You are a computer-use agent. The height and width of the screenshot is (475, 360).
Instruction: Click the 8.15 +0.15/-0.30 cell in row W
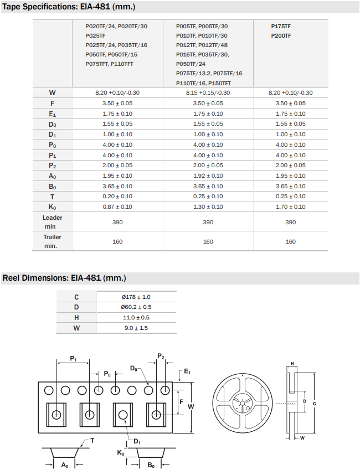click(x=208, y=92)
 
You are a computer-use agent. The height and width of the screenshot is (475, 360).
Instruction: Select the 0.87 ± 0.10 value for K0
click(x=117, y=206)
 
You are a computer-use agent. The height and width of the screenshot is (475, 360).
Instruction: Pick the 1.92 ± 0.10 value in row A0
click(x=208, y=175)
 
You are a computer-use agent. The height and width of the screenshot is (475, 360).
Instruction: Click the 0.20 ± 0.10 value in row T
click(x=117, y=197)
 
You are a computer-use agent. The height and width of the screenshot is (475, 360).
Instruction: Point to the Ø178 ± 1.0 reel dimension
click(x=136, y=297)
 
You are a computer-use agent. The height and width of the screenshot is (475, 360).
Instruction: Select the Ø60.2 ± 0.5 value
click(x=136, y=307)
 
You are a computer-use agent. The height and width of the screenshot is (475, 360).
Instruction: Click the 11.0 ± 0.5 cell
click(x=136, y=318)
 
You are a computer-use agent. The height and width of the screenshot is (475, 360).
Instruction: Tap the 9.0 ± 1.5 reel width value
click(x=136, y=328)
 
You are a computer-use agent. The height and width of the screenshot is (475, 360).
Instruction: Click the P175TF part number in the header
click(x=281, y=26)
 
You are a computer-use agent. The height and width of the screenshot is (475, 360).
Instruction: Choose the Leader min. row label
click(x=52, y=222)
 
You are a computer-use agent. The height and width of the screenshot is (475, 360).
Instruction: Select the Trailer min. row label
click(x=52, y=241)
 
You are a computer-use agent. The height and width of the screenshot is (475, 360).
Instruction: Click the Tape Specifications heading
click(x=69, y=7)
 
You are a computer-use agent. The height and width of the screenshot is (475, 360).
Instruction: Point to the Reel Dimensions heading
click(x=64, y=278)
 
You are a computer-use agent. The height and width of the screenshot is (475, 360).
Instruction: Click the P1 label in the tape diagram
click(x=74, y=359)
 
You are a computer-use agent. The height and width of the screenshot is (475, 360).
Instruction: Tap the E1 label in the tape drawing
click(x=187, y=373)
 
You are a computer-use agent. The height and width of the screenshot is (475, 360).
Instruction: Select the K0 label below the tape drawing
click(x=120, y=453)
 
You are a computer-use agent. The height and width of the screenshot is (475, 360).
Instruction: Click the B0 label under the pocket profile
click(x=151, y=465)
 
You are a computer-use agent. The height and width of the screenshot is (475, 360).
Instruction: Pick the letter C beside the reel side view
click(x=315, y=404)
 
